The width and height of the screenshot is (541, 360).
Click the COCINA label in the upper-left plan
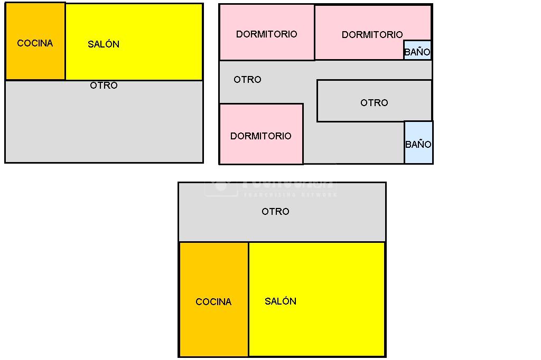pyautogui.click(x=35, y=43)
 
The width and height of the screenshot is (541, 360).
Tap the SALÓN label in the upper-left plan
pyautogui.click(x=104, y=44)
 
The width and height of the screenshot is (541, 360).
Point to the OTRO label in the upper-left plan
pyautogui.click(x=104, y=86)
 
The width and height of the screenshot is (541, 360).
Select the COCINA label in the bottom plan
pyautogui.click(x=213, y=302)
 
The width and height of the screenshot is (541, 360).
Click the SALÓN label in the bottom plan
pyautogui.click(x=281, y=301)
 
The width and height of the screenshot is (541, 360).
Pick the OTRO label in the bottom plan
pyautogui.click(x=275, y=212)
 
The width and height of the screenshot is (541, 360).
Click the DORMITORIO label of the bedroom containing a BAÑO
pyautogui.click(x=372, y=35)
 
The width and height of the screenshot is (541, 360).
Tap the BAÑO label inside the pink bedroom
pyautogui.click(x=417, y=52)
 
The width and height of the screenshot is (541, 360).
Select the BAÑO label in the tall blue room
pyautogui.click(x=418, y=144)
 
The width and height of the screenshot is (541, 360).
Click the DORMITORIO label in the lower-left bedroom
pyautogui.click(x=260, y=136)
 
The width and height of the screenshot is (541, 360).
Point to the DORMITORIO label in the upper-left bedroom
pyautogui.click(x=267, y=34)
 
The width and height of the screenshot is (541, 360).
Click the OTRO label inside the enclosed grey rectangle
pyautogui.click(x=374, y=103)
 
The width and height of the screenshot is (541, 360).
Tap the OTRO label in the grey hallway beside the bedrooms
pyautogui.click(x=247, y=80)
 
